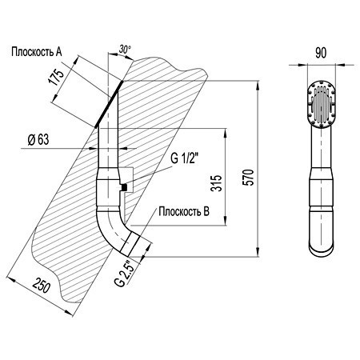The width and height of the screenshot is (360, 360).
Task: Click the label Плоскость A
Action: click(37, 51)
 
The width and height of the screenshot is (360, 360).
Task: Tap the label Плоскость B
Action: click(184, 211)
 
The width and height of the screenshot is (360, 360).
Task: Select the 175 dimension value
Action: click(56, 77)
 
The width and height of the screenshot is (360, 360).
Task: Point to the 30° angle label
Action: click(125, 49)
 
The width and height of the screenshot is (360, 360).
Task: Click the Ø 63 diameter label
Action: click(38, 139)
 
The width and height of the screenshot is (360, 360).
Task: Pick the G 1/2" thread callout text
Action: click(184, 158)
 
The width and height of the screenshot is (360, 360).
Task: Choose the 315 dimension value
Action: click(216, 183)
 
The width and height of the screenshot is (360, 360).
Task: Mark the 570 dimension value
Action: click(249, 177)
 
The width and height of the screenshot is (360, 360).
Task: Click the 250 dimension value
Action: click(42, 285)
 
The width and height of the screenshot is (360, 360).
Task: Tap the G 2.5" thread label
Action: click(123, 274)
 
